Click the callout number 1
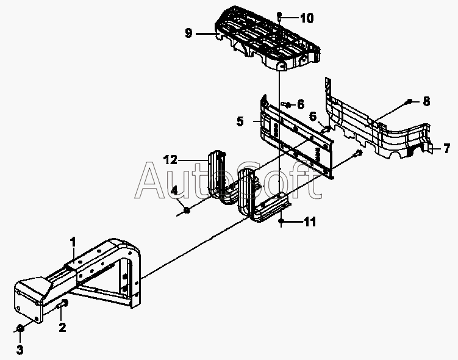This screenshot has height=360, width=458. click(73, 242)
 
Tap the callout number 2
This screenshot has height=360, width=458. click(62, 327)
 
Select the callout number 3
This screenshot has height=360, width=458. click(20, 350)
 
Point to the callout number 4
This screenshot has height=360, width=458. click(174, 191)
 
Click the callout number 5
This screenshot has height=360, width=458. click(240, 121)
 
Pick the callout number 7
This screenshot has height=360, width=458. click(446, 149)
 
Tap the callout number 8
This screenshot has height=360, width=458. click(426, 101)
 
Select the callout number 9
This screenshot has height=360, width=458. click(188, 33)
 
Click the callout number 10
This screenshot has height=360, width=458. click(307, 18)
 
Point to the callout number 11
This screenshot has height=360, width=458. click(310, 221)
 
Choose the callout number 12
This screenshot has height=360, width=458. click(170, 160)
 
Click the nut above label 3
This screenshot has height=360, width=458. click(20, 328)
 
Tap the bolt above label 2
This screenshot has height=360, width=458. click(62, 304)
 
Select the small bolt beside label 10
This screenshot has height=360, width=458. click(279, 16)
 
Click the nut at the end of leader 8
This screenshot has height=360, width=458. click(409, 101)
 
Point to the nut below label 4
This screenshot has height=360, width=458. click(187, 209)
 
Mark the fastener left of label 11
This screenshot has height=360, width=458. click(281, 221)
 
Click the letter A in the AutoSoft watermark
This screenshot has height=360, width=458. click(151, 181)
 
